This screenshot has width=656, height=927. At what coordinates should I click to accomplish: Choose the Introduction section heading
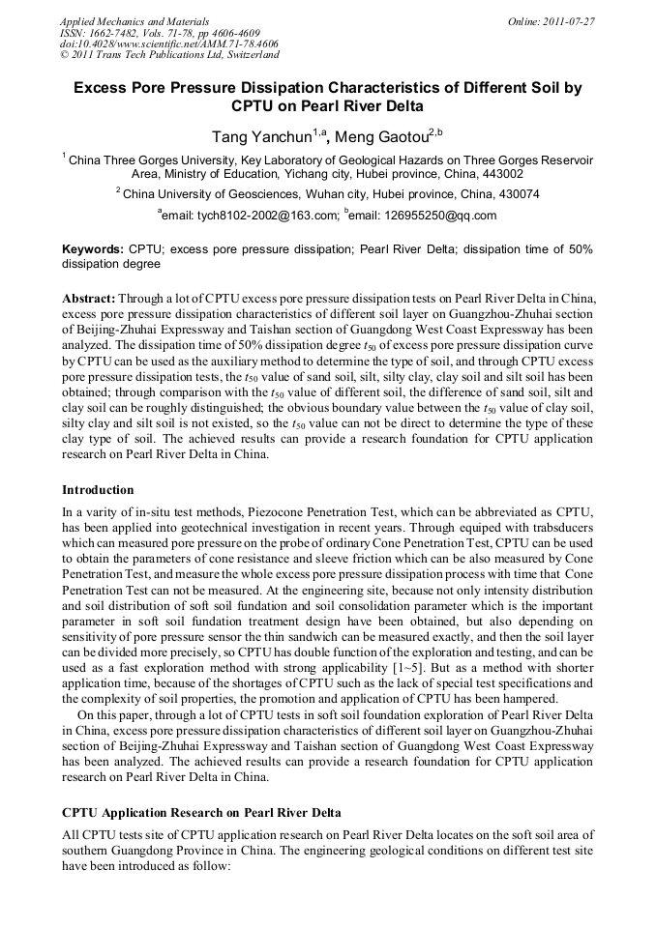coord(98,490)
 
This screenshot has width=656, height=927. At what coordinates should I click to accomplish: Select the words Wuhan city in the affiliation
coord(324,194)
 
